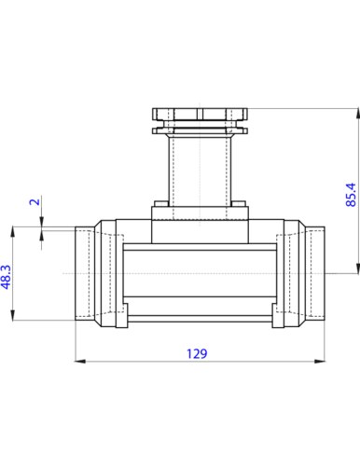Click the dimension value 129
(x=197, y=353)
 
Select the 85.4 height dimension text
(x=351, y=195)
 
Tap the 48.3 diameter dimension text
(x=7, y=277)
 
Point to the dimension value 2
(x=35, y=201)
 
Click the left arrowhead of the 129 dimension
(x=80, y=362)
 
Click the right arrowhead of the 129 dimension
(x=320, y=362)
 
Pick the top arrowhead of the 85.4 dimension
(x=357, y=114)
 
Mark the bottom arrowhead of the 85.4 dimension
(x=357, y=268)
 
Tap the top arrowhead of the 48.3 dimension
(x=13, y=232)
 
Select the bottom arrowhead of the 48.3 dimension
(x=13, y=315)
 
